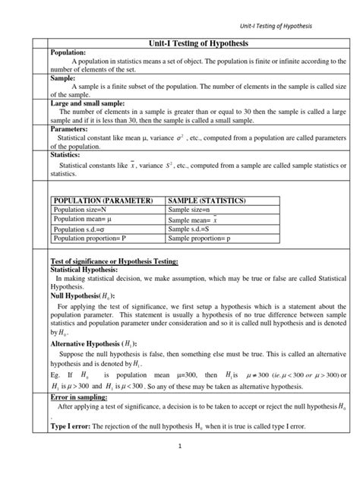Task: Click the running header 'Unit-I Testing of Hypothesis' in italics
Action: tap(276, 26)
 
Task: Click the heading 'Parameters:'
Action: tap(72, 128)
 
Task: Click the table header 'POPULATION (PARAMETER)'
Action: tap(103, 201)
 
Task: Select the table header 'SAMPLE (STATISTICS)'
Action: tap(207, 201)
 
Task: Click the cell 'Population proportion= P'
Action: tap(89, 238)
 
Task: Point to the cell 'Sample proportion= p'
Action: tap(199, 238)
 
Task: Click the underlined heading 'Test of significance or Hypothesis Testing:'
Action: tap(114, 261)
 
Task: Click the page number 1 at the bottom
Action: tap(180, 447)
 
